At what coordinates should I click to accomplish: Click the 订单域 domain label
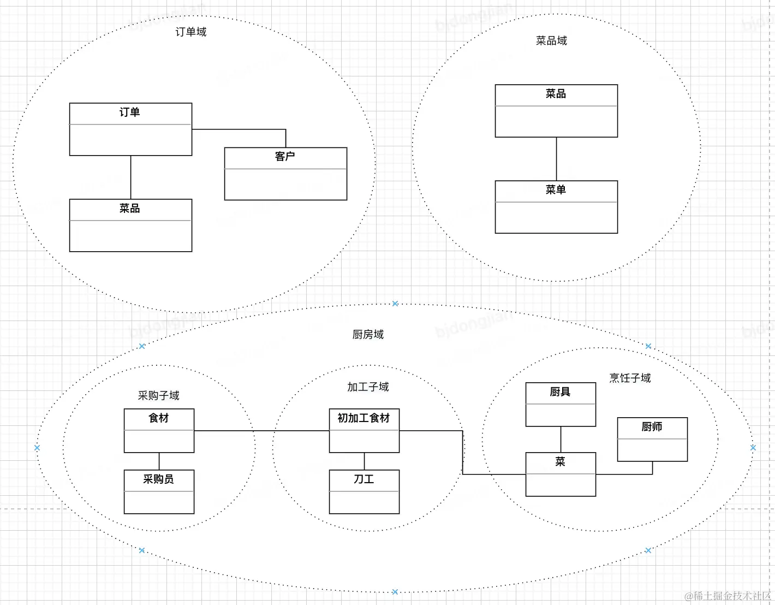tap(191, 32)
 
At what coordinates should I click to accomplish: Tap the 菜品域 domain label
tap(551, 41)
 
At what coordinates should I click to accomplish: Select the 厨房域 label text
tap(368, 335)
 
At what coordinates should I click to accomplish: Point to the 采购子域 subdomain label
tap(158, 396)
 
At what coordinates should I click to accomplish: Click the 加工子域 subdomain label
tap(368, 387)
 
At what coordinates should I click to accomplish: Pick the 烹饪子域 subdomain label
tap(630, 378)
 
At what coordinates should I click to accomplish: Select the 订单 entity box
tap(130, 129)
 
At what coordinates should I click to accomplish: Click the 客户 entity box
tap(285, 174)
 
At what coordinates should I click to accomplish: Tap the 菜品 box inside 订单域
tap(130, 226)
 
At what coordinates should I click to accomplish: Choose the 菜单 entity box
tap(556, 207)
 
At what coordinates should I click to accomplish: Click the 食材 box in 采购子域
tap(159, 430)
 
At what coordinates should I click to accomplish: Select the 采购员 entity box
tap(159, 491)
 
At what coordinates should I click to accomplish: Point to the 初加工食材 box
tap(364, 430)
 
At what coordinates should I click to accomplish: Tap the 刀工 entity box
tap(364, 491)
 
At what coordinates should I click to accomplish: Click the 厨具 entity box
tap(561, 404)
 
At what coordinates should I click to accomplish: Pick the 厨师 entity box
tap(652, 439)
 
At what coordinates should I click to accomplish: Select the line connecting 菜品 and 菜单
tap(556, 159)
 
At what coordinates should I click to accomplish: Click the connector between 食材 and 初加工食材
tap(262, 431)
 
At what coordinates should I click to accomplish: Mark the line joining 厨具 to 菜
tap(561, 440)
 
